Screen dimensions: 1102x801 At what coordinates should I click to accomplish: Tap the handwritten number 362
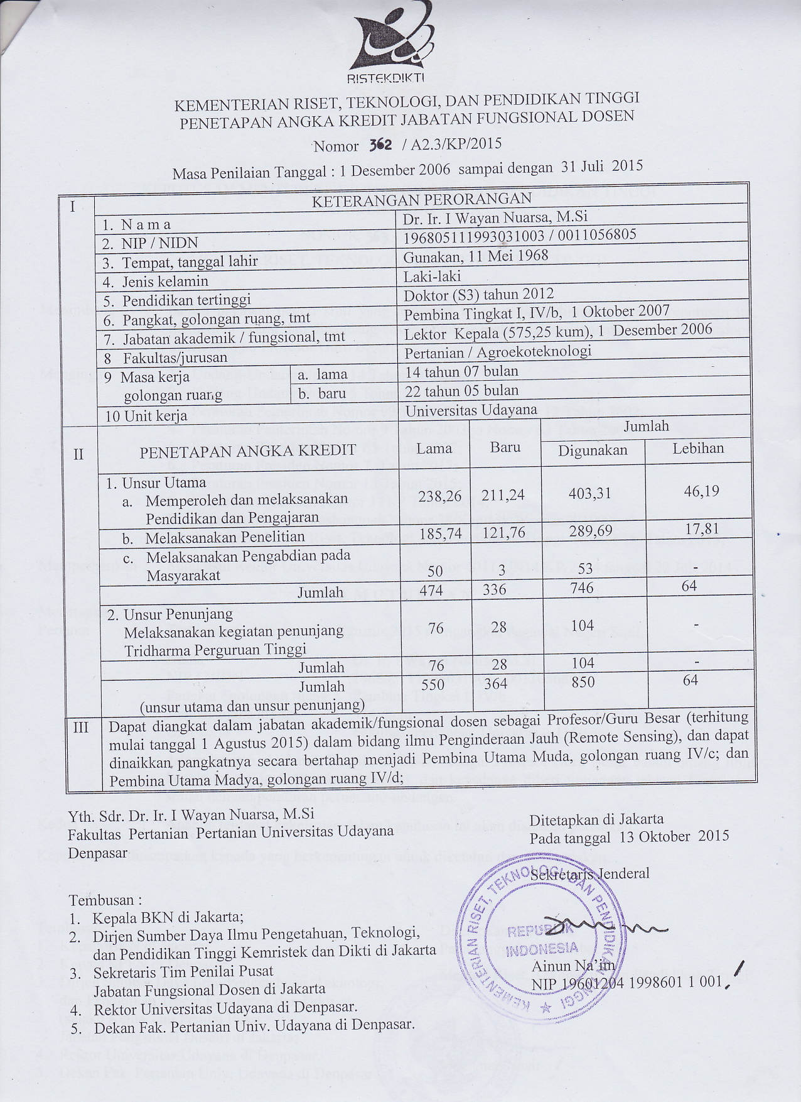coord(381,144)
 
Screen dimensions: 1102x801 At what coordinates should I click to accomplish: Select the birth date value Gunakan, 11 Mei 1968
coord(476,256)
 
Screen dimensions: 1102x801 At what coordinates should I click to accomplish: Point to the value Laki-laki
coord(433,275)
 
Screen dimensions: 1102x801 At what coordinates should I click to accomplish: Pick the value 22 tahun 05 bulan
coord(462,390)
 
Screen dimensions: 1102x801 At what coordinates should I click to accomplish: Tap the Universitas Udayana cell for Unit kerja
coord(471,410)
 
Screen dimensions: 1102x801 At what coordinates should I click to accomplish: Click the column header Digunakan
coord(593,450)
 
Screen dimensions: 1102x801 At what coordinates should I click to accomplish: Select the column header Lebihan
coord(698,448)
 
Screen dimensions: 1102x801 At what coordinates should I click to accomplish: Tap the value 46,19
coord(701,490)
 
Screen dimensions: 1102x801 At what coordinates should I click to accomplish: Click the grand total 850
coord(583,682)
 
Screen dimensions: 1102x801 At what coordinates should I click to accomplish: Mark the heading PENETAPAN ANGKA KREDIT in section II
coord(247,450)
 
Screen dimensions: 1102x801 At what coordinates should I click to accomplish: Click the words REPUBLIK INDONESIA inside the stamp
coord(542,939)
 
